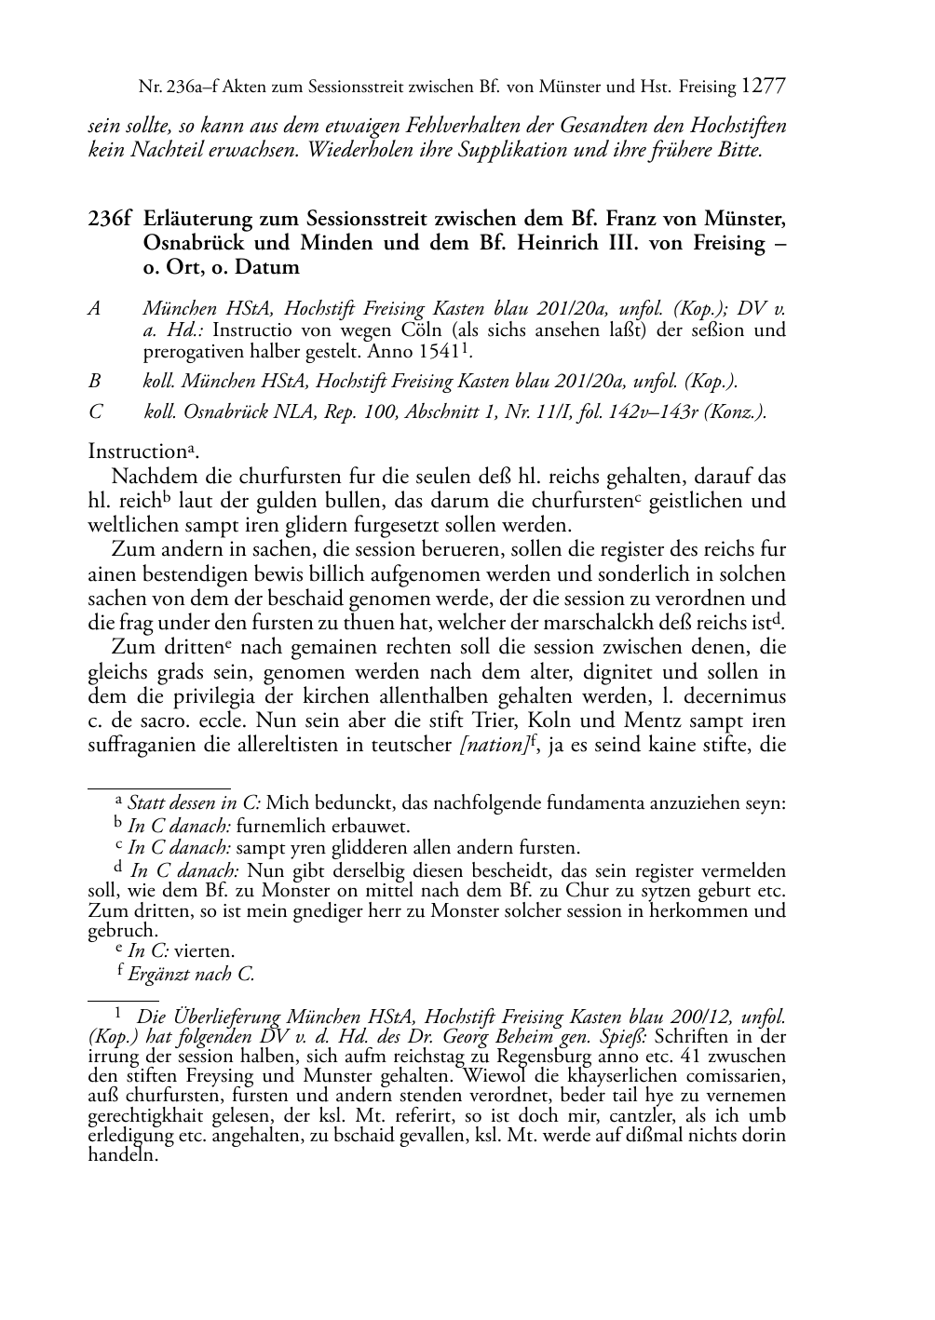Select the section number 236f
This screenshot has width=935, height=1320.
(x=108, y=220)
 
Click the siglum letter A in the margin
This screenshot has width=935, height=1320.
(x=95, y=308)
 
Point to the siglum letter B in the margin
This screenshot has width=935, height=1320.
(x=95, y=380)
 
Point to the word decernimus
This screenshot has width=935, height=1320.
(x=734, y=696)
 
